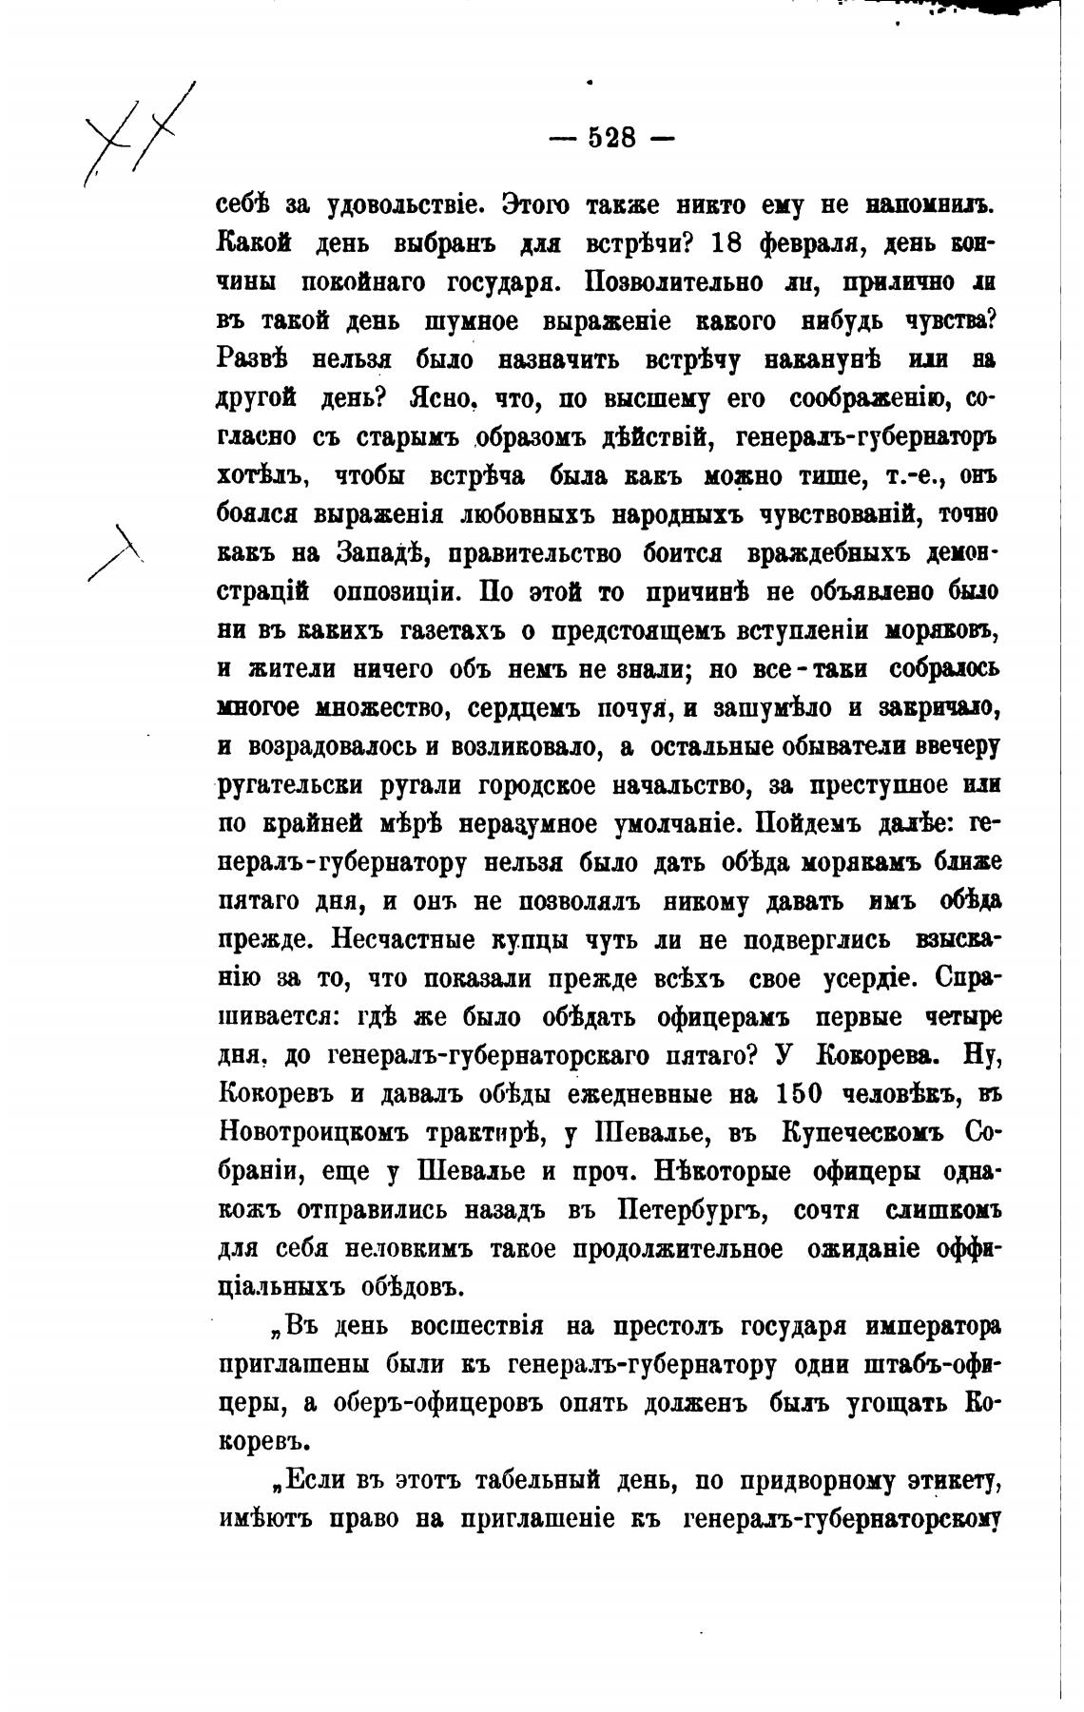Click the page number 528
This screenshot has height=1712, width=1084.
[x=612, y=139]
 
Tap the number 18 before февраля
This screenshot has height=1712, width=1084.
[x=728, y=244]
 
